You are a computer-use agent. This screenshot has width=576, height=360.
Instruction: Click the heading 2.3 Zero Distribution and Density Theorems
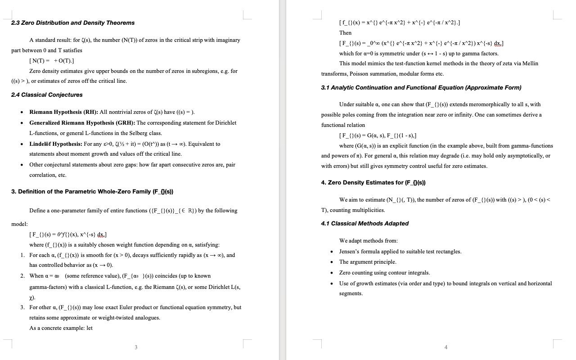(72, 23)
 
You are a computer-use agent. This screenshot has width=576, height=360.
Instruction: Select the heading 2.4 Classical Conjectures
(47, 95)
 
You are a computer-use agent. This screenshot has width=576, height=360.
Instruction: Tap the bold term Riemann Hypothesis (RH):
(63, 112)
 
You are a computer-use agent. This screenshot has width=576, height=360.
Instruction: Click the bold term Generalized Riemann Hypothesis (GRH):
(82, 123)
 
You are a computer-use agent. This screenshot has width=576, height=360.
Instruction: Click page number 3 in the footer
(136, 347)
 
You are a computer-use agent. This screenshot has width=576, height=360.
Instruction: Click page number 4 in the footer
(445, 347)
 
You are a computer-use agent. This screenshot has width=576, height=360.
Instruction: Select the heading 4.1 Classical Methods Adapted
(364, 224)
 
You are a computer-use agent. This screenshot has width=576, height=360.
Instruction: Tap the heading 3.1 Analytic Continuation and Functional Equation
(421, 88)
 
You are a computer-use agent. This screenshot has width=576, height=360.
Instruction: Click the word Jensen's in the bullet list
(349, 252)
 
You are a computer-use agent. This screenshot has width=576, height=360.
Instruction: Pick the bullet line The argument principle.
(368, 262)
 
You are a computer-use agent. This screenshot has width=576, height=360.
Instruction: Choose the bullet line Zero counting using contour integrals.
(384, 273)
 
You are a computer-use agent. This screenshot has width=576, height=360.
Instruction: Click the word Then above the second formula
(345, 33)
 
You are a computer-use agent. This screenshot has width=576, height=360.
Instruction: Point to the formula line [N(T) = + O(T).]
(51, 61)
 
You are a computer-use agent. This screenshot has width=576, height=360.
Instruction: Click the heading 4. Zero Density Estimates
(373, 183)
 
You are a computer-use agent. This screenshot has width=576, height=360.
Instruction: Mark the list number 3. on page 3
(22, 307)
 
